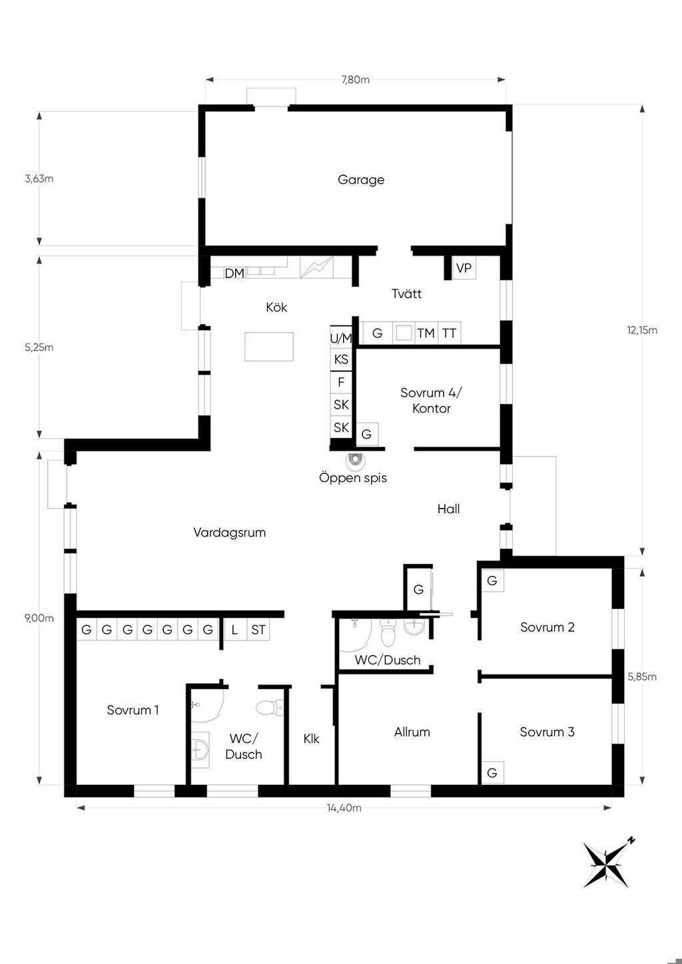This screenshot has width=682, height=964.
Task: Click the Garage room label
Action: tap(361, 180)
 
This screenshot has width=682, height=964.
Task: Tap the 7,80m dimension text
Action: tap(355, 80)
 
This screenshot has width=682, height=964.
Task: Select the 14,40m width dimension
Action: tap(344, 808)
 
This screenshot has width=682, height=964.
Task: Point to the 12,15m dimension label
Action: tap(642, 330)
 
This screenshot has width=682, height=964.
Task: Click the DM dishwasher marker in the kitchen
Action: tap(234, 273)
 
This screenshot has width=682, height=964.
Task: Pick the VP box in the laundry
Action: tap(464, 268)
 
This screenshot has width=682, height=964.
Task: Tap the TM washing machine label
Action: tap(426, 333)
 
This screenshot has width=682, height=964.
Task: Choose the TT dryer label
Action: tap(449, 333)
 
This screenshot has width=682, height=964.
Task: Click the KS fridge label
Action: tap(341, 359)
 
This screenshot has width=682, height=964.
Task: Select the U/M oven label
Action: tap(341, 338)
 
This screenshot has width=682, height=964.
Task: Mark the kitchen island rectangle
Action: tap(269, 346)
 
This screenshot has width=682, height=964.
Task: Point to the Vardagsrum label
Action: tap(230, 533)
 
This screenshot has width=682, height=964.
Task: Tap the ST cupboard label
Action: tap(258, 630)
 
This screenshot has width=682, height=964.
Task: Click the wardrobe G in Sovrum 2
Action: tap(492, 581)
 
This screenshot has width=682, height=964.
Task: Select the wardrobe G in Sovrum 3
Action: tap(492, 773)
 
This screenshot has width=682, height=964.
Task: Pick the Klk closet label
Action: tap(311, 739)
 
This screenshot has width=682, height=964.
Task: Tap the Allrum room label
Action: tap(412, 732)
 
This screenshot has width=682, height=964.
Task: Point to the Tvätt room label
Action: tap(406, 294)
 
